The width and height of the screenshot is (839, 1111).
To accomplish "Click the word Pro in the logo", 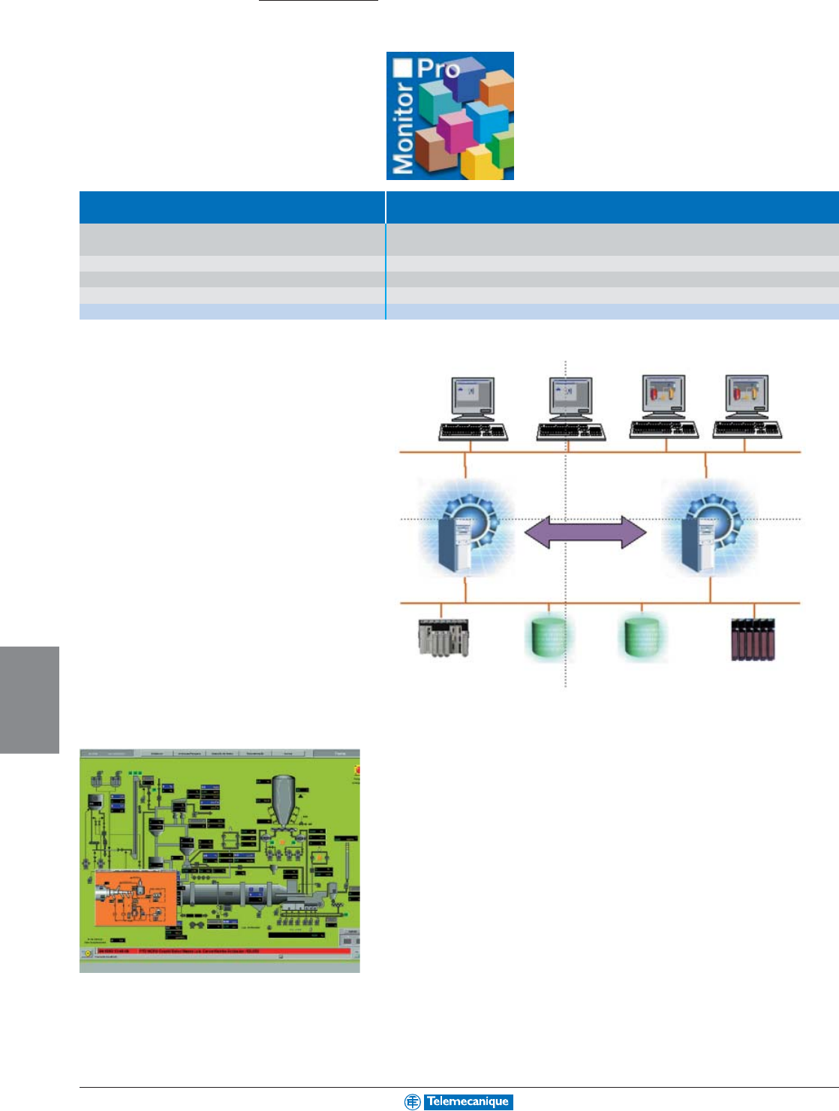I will [x=438, y=70].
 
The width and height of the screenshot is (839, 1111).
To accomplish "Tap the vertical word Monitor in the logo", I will [x=404, y=128].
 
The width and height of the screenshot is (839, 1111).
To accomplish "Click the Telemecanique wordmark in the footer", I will [x=468, y=1101].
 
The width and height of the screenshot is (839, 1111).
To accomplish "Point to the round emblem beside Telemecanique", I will [x=412, y=1101].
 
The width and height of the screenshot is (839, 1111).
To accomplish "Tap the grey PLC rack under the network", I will [x=444, y=638].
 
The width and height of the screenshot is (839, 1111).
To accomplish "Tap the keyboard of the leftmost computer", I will [x=474, y=431].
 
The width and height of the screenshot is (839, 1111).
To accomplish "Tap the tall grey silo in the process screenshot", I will [x=284, y=798].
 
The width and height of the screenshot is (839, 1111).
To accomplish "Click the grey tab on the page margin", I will [x=29, y=699].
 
